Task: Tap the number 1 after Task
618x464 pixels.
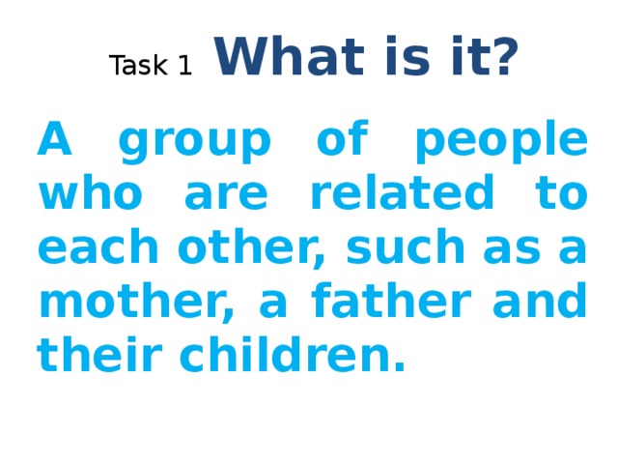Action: click(183, 66)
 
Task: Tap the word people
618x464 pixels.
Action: click(499, 145)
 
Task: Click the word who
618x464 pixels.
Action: click(87, 196)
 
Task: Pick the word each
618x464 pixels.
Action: click(93, 249)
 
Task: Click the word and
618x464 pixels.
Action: click(546, 303)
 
